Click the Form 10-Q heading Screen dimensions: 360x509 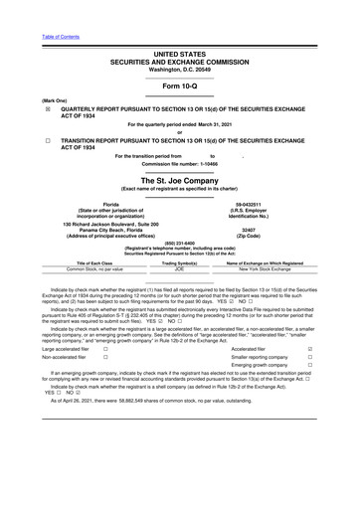tap(179, 56)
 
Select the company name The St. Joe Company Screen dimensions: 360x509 tap(179, 180)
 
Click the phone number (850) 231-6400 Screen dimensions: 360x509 tap(180, 243)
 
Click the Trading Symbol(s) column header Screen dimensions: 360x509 tap(180, 261)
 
